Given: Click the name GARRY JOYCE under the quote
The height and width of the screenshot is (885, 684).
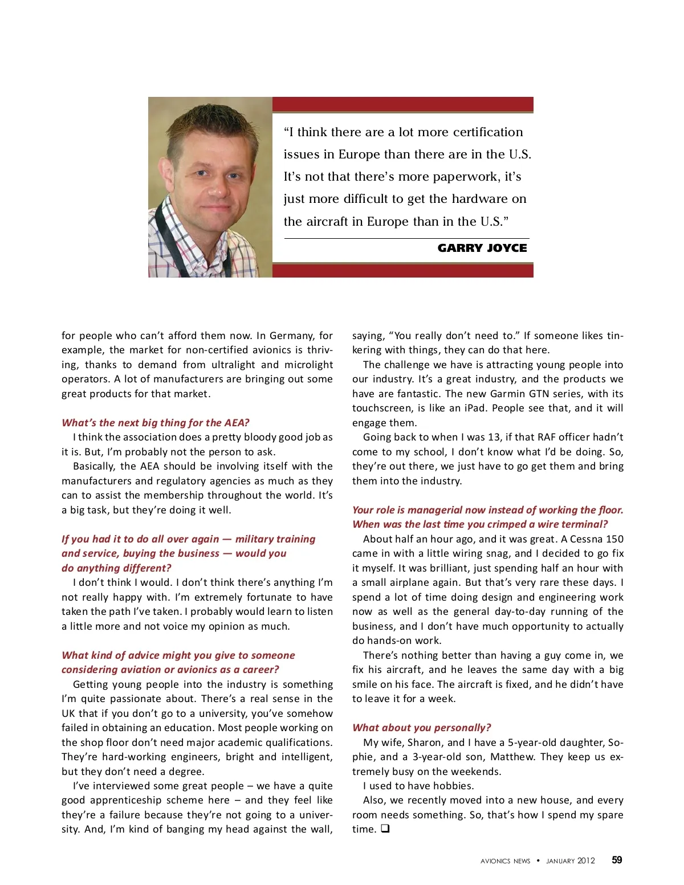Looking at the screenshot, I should tap(482, 248).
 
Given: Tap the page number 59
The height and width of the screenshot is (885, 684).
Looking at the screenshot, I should tap(617, 860).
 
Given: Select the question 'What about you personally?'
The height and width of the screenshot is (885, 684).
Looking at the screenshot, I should tap(421, 728).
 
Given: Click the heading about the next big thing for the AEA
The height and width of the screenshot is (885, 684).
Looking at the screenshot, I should tap(156, 423).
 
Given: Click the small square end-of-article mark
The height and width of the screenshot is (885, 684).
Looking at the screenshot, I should tap(385, 829).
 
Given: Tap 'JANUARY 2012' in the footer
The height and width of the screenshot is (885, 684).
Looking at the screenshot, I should tap(570, 860).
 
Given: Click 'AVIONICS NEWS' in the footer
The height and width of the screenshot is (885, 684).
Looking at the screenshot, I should tap(505, 860).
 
